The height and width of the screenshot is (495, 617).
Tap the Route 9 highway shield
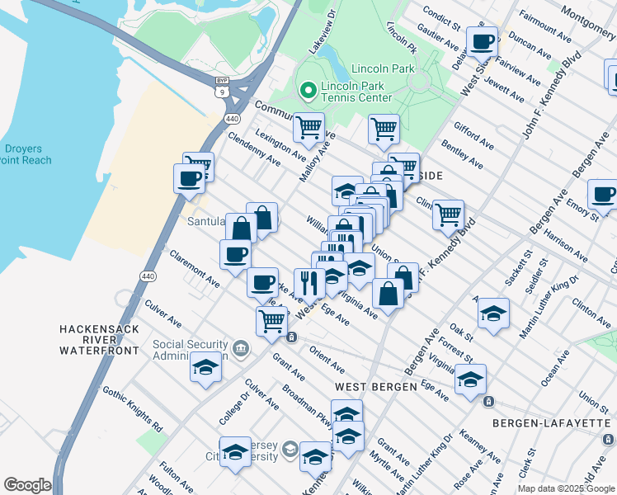(x=222, y=92)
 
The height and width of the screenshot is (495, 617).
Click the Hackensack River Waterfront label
(x=97, y=339)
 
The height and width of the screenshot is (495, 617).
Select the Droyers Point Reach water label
(x=26, y=154)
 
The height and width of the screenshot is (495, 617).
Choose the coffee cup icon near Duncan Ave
(x=482, y=41)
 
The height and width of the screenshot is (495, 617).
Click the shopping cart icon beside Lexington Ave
(x=308, y=127)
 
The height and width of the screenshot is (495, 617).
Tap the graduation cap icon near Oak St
(x=493, y=313)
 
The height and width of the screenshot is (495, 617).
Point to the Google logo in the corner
(x=27, y=485)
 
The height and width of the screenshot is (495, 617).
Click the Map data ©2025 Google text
(x=566, y=488)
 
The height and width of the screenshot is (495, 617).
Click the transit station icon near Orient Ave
(x=291, y=337)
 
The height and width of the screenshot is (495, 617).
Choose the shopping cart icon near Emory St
(x=448, y=214)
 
